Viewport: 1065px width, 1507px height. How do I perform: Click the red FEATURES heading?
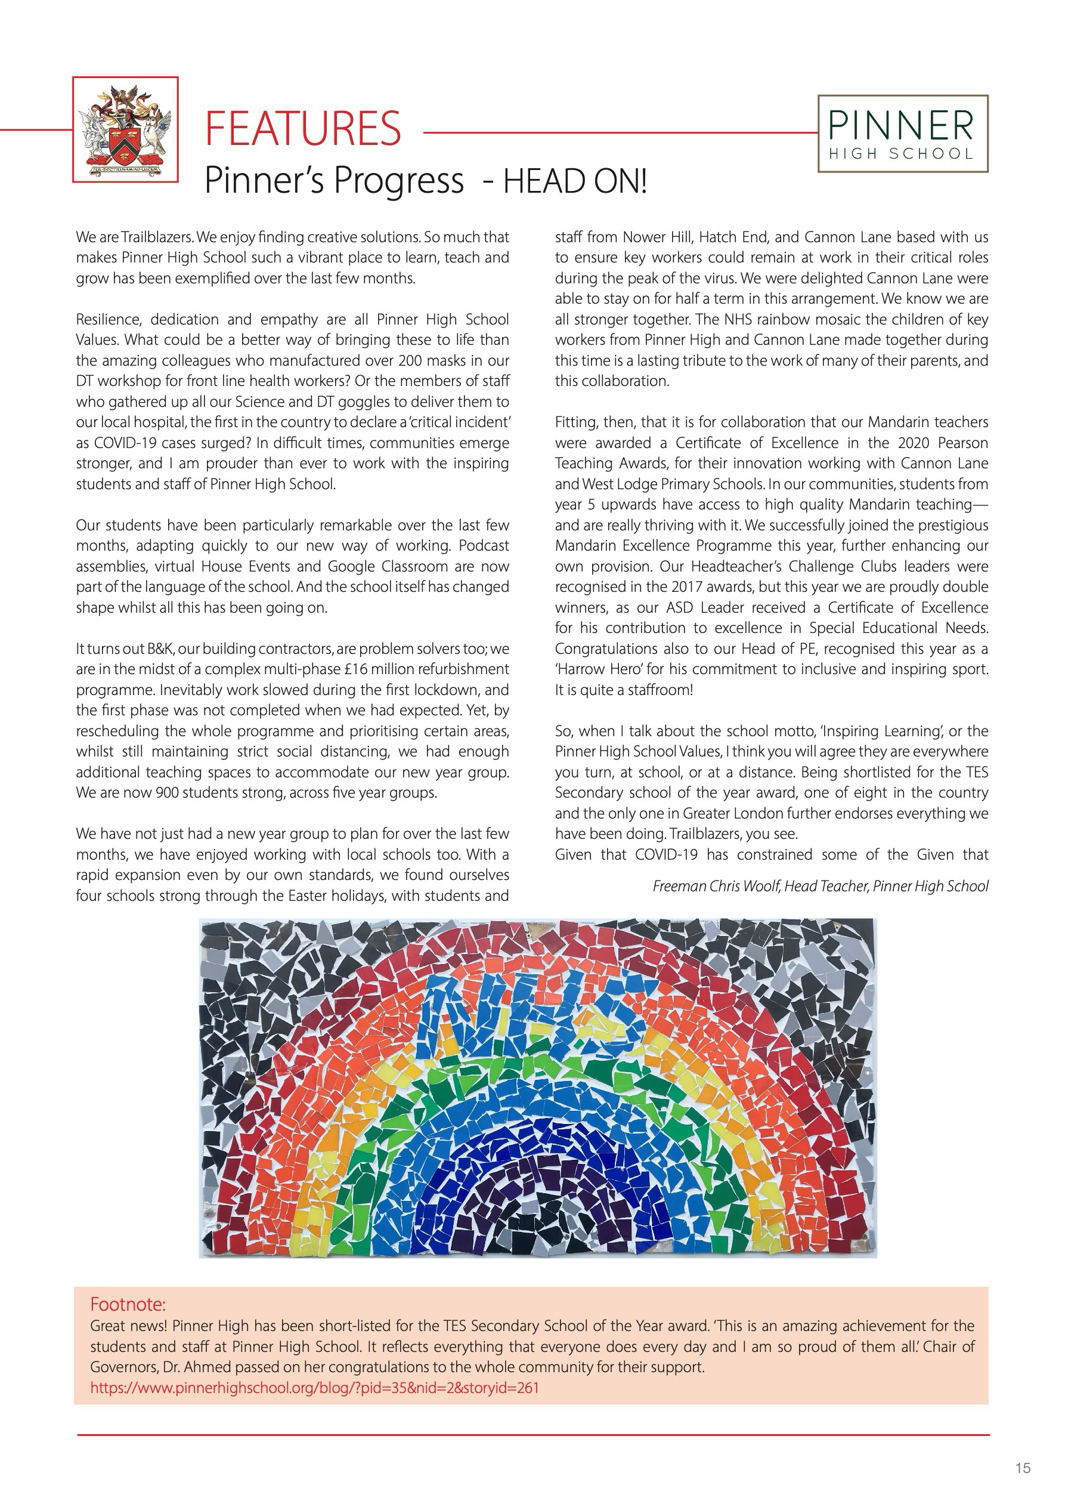pyautogui.click(x=302, y=129)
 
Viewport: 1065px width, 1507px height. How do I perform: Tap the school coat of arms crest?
pyautogui.click(x=125, y=129)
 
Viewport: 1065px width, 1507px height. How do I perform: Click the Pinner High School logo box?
pyautogui.click(x=902, y=134)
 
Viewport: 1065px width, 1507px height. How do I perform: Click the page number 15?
pyautogui.click(x=1022, y=1468)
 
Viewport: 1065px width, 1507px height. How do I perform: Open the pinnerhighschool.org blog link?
pyautogui.click(x=314, y=1388)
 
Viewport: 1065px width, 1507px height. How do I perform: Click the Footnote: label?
pyautogui.click(x=128, y=1304)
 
